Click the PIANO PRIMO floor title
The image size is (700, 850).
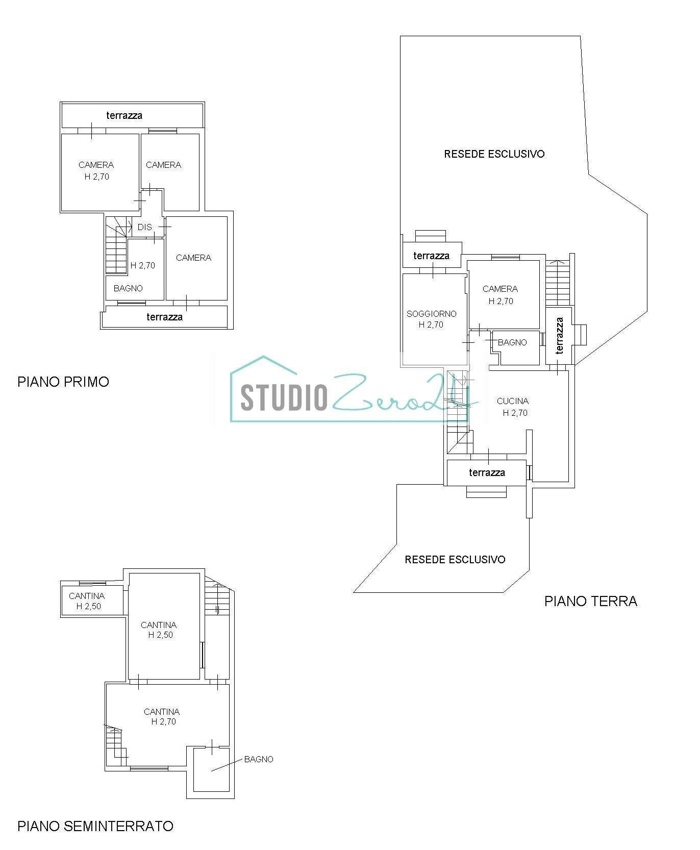click(x=63, y=382)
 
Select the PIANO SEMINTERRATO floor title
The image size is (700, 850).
click(x=95, y=826)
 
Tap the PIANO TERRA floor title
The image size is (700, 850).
click(x=590, y=601)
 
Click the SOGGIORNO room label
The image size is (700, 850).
click(x=431, y=314)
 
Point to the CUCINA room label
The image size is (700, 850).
click(x=512, y=401)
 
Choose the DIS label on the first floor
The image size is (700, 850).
click(x=144, y=227)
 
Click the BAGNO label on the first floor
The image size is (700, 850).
click(x=128, y=288)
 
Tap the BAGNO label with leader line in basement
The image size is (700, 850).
click(x=259, y=759)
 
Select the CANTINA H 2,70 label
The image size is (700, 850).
click(x=162, y=716)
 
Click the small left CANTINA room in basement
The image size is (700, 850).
click(x=87, y=601)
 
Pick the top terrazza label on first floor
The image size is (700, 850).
click(x=124, y=115)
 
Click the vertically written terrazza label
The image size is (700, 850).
click(x=559, y=335)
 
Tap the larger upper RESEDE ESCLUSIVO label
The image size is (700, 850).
click(x=494, y=154)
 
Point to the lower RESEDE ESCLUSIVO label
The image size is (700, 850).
click(x=455, y=559)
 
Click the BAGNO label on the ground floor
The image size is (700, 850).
click(x=512, y=342)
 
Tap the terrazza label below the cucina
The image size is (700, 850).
click(x=487, y=472)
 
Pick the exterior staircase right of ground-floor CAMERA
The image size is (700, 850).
click(x=558, y=283)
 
